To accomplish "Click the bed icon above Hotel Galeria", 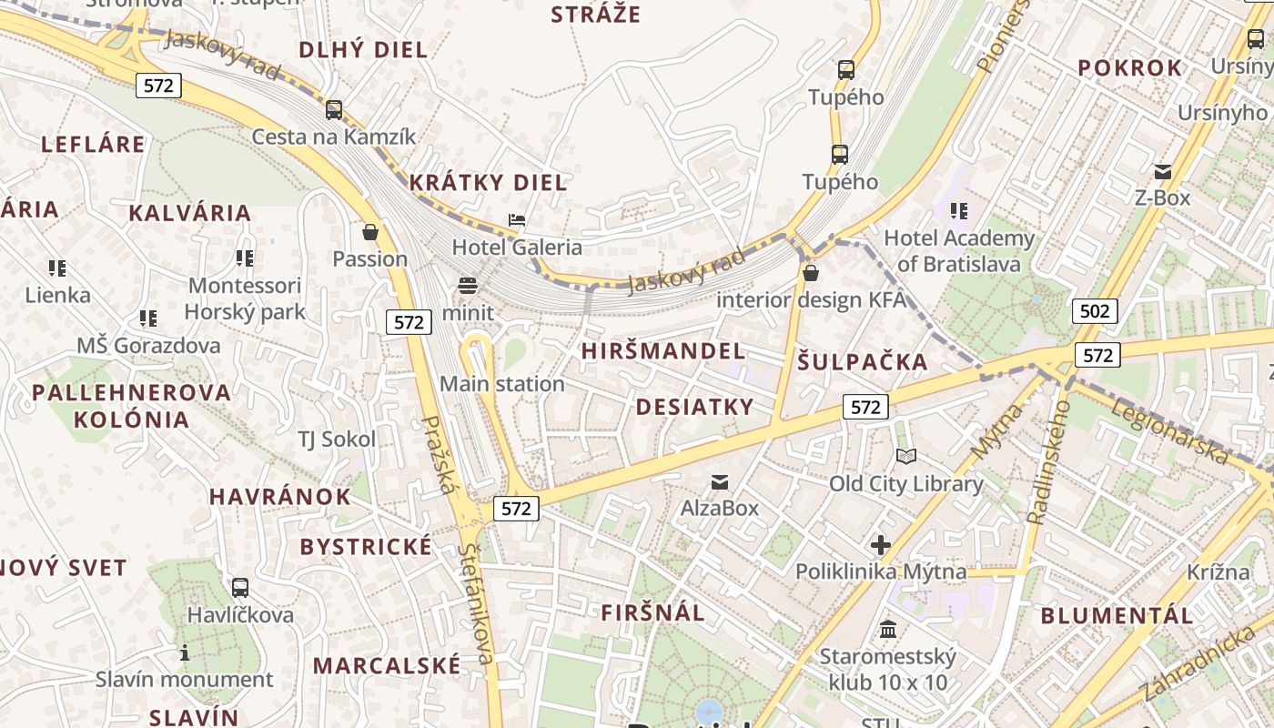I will pyautogui.click(x=517, y=220).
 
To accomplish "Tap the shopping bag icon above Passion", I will pyautogui.click(x=370, y=232).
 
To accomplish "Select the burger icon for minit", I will pyautogui.click(x=468, y=286).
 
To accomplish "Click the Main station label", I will pyautogui.click(x=502, y=384).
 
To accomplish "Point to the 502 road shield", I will pyautogui.click(x=1094, y=312).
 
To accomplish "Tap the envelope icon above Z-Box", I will pyautogui.click(x=1162, y=171).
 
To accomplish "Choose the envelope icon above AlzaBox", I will pyautogui.click(x=720, y=481).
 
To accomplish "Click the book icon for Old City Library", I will pyautogui.click(x=906, y=457).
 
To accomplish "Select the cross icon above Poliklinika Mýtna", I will pyautogui.click(x=880, y=545).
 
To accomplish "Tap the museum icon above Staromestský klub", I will pyautogui.click(x=888, y=629).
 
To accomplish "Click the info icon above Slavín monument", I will pyautogui.click(x=185, y=652).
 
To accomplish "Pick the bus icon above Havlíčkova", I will pyautogui.click(x=240, y=588).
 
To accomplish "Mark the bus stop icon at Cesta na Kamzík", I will pyautogui.click(x=334, y=110).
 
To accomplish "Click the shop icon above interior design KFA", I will pyautogui.click(x=811, y=272).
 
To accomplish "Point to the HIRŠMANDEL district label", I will pyautogui.click(x=663, y=351).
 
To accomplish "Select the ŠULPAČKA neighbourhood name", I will pyautogui.click(x=863, y=362).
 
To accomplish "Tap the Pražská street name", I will pyautogui.click(x=439, y=455).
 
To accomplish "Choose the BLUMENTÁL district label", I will pyautogui.click(x=1117, y=616).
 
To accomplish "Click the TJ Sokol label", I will pyautogui.click(x=337, y=440).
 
